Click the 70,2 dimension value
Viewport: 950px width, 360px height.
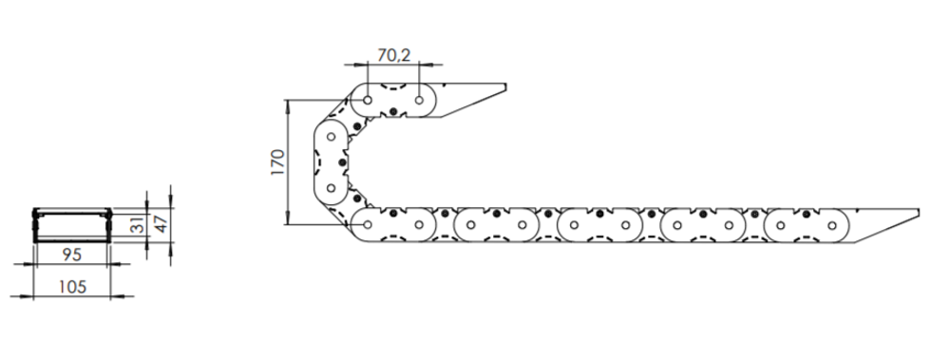(394, 55)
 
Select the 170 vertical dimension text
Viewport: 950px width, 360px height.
(277, 161)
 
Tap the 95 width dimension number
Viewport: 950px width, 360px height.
(71, 255)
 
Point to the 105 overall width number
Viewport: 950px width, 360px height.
(72, 286)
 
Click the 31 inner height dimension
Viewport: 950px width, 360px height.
(138, 225)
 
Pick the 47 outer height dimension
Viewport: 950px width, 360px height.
(161, 223)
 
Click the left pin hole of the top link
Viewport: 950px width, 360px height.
(368, 100)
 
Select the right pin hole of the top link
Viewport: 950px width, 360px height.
(419, 100)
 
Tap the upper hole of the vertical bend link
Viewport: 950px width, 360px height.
(331, 137)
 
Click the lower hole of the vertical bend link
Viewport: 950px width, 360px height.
(331, 188)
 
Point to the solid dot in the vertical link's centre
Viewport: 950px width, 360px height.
(342, 162)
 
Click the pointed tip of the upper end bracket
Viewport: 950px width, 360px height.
(505, 88)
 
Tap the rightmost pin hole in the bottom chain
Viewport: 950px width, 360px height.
(832, 225)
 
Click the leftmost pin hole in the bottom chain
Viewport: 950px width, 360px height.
(368, 225)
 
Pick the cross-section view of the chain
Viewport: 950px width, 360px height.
(72, 225)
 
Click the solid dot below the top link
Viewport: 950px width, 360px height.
(393, 111)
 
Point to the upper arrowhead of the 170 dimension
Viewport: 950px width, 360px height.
(288, 104)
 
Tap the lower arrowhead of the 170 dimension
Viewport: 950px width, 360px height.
(288, 219)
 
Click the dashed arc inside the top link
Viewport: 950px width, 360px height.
(393, 87)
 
